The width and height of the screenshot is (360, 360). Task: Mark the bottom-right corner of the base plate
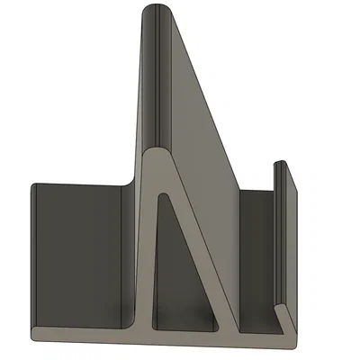tap(295, 339)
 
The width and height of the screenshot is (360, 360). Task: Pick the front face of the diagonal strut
tap(202, 261)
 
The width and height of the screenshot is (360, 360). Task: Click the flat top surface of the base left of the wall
tap(81, 315)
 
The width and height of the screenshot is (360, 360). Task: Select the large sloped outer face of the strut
tap(198, 117)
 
